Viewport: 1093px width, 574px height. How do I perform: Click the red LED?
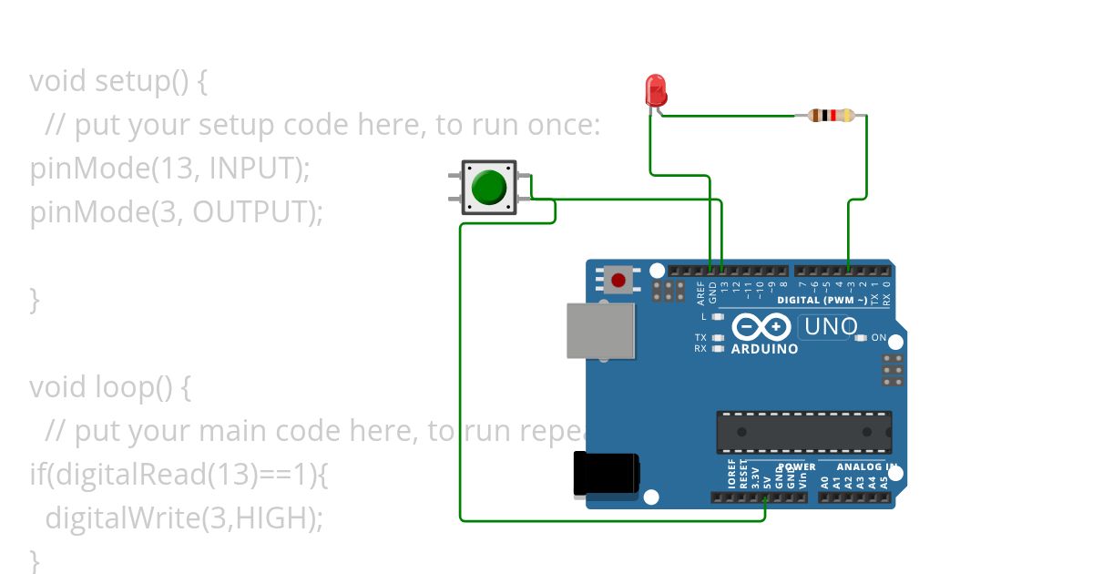pos(655,89)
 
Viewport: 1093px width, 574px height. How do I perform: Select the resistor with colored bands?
pos(830,116)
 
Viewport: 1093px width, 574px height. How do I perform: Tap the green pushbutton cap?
pos(489,187)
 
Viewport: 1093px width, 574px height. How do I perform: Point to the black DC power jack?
pos(606,475)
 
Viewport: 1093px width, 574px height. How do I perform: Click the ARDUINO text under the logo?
pos(764,349)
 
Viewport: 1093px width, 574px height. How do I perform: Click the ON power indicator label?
pos(879,338)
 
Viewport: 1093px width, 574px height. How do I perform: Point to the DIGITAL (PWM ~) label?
pos(822,300)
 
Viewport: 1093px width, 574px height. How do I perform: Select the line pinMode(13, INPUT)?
pos(170,169)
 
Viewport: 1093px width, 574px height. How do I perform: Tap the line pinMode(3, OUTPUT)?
pos(177,212)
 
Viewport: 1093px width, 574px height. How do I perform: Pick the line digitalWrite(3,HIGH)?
pos(184,518)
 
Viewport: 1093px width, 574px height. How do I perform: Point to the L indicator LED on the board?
pos(718,317)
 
